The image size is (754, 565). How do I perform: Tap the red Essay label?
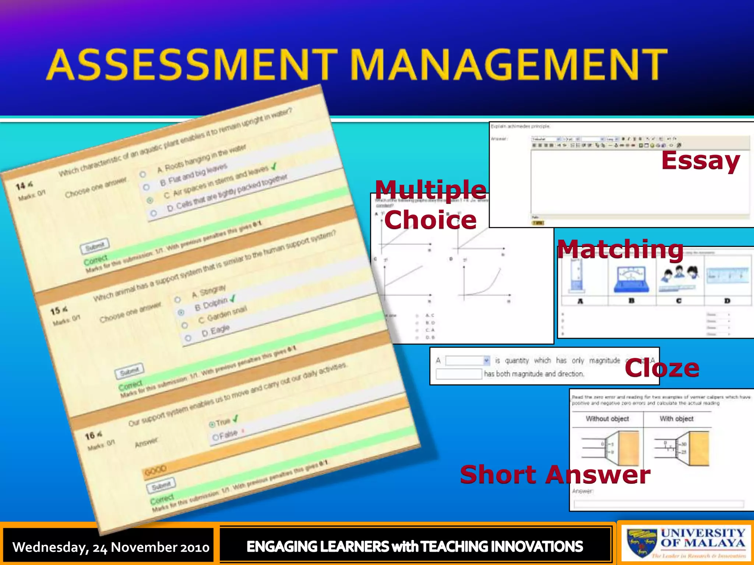point(700,161)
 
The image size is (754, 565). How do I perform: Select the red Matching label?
point(620,249)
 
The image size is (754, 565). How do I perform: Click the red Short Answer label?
point(555,475)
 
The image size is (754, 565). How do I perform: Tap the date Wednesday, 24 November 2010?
point(110,547)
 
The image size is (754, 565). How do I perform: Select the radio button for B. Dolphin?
point(181,313)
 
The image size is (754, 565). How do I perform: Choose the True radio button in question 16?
point(212,424)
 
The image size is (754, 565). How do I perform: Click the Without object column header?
point(607,419)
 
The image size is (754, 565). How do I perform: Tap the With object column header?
point(676,419)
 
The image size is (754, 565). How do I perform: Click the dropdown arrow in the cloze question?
point(486,360)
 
